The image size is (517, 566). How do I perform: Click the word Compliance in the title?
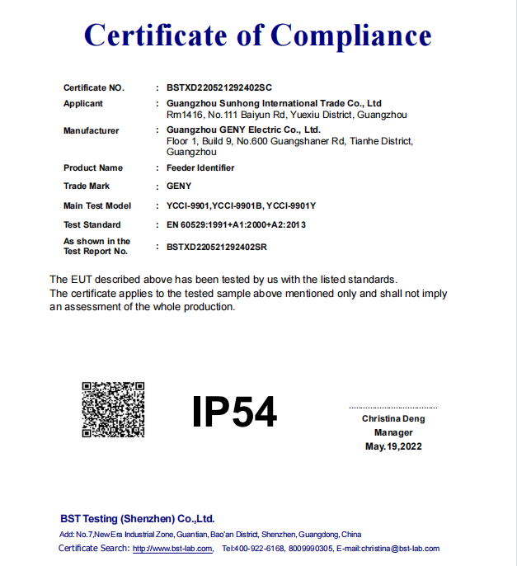pos(350,35)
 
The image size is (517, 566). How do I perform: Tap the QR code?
pos(113,409)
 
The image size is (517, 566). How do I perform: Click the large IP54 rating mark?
pos(234,411)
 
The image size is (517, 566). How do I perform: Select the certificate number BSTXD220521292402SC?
pos(219,87)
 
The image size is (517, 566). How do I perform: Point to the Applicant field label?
pos(83,104)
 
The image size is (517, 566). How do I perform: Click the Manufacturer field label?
pos(91,130)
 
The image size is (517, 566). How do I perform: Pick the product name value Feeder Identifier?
pos(200,167)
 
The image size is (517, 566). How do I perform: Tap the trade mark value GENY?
pos(179,186)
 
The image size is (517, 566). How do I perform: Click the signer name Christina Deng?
pos(393,419)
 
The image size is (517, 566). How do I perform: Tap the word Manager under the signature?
pos(393,432)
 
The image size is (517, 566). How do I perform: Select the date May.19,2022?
pos(393,446)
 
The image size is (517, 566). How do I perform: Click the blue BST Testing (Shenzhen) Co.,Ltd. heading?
pos(137,519)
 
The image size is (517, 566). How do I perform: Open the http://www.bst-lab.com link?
pos(173,549)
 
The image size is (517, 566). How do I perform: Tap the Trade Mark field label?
pos(87,186)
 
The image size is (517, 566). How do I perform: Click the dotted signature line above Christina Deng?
pos(392,408)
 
